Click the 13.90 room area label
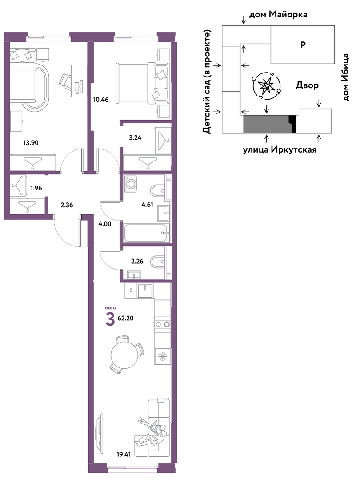click(x=31, y=142)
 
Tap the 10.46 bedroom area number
click(x=101, y=100)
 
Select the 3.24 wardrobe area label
click(x=135, y=138)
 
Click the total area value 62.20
click(x=126, y=318)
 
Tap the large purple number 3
click(x=110, y=319)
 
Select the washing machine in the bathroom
click(x=132, y=183)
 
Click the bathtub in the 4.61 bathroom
click(x=147, y=233)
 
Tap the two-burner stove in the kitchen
click(x=163, y=324)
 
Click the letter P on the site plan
click(x=303, y=45)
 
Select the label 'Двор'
click(x=307, y=85)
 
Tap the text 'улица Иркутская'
click(x=280, y=149)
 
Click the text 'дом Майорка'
click(x=278, y=14)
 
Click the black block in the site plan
click(x=293, y=124)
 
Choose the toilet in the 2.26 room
click(x=157, y=262)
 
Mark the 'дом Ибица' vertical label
click(x=346, y=77)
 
